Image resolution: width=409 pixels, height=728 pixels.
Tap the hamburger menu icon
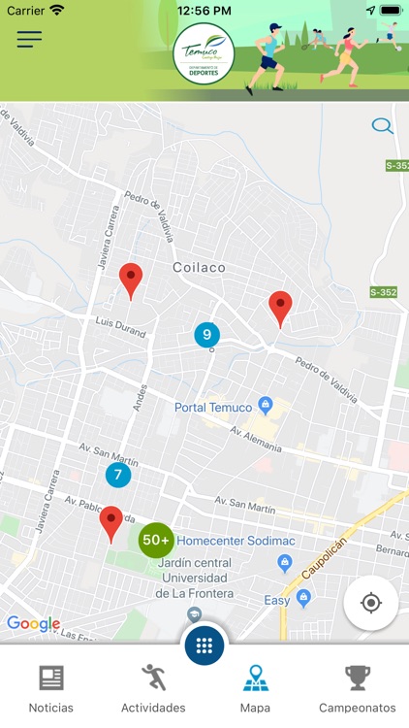point(29,40)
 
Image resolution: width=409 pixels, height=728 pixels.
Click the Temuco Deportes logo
point(204,54)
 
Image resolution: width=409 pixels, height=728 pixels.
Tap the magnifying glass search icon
point(382,125)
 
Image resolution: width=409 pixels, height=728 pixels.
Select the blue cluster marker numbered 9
point(206,335)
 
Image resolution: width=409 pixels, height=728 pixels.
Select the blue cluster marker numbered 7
point(118,475)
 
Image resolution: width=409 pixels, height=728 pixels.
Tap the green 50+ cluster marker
point(156,540)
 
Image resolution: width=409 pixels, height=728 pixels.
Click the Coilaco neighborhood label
point(199,267)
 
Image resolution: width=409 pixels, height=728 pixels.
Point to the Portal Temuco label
point(213,407)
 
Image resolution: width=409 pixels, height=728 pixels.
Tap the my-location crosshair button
point(370,603)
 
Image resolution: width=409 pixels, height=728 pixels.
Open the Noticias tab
point(50,688)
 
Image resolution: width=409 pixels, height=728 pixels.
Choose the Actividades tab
point(153,688)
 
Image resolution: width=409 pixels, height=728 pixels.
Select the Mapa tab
point(255,688)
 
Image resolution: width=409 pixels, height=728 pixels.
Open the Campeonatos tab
point(357,688)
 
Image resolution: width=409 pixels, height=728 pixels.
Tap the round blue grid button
point(204,645)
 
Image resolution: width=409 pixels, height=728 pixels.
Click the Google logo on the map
point(33,623)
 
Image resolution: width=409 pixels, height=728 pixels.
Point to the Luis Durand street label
point(120,326)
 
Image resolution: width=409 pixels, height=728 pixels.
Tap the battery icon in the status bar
point(390,10)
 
